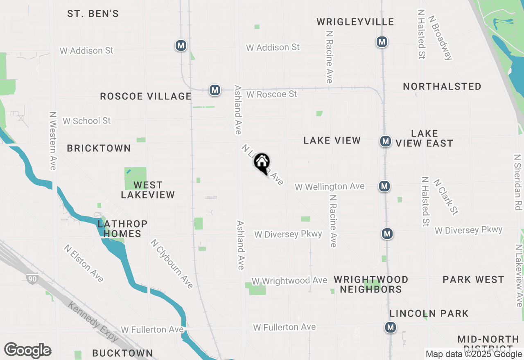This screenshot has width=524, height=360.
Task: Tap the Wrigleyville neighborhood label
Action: (x=355, y=22)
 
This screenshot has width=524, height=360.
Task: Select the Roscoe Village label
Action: (x=146, y=97)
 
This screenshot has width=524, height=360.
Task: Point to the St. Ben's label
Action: (x=93, y=14)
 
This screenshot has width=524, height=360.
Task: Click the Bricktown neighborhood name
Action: (x=99, y=148)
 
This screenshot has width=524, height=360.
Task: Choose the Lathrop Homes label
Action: (x=122, y=229)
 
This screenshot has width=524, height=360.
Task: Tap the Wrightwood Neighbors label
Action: (x=371, y=284)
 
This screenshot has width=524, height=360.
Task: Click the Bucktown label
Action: (x=122, y=353)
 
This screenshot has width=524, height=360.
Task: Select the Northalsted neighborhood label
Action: (x=442, y=86)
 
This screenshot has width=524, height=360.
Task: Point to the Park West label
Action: (x=473, y=280)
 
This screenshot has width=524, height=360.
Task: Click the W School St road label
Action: (x=86, y=121)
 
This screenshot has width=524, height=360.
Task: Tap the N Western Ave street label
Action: (x=52, y=141)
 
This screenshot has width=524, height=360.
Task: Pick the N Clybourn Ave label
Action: (x=172, y=264)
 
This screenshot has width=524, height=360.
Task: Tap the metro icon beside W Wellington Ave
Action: (x=384, y=187)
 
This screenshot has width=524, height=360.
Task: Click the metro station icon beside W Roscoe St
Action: (x=215, y=90)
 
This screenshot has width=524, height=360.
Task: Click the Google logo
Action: (x=28, y=351)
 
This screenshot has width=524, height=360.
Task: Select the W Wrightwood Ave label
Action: (x=289, y=281)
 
